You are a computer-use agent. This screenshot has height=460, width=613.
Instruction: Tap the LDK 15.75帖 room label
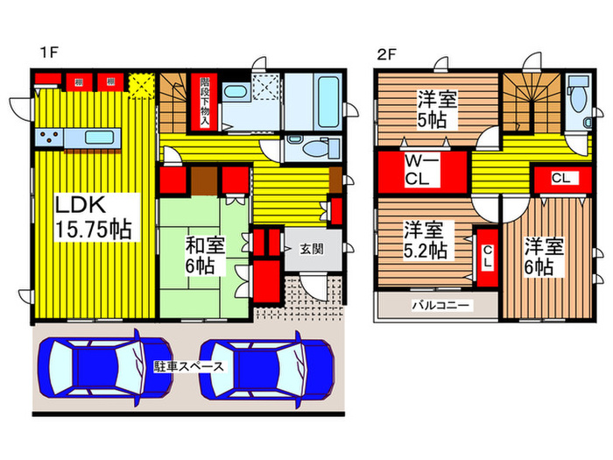click(x=94, y=217)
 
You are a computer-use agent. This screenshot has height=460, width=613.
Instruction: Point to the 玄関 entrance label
click(x=310, y=248)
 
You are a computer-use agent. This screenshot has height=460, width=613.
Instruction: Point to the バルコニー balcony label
click(x=442, y=306)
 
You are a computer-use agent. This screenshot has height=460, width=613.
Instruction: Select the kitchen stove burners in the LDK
click(x=47, y=138)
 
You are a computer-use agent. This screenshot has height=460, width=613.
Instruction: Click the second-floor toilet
click(x=577, y=101)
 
